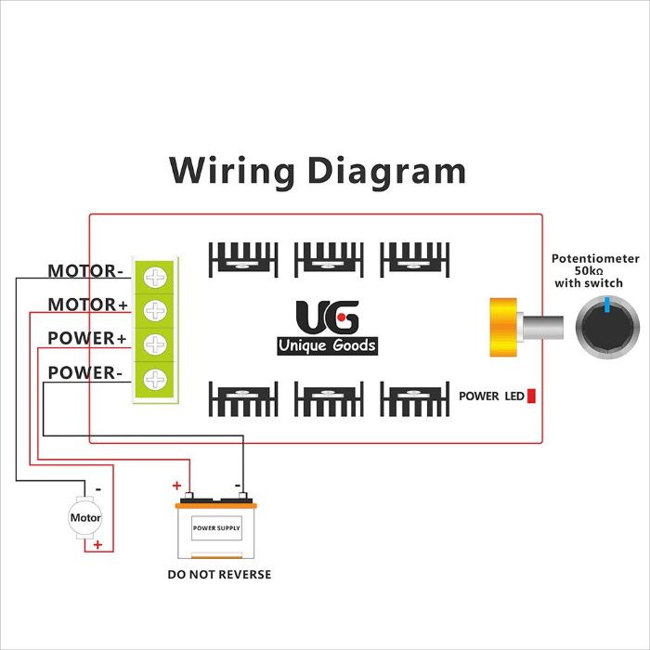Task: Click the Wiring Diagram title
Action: (x=318, y=172)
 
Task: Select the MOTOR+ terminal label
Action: (x=87, y=305)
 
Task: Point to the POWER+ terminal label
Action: (x=86, y=339)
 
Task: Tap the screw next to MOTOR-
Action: (x=155, y=277)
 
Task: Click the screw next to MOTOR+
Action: (x=155, y=309)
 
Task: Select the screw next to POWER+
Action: (x=155, y=344)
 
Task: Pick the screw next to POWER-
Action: (x=155, y=378)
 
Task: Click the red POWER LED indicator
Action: (x=532, y=396)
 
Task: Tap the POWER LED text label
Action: (x=491, y=396)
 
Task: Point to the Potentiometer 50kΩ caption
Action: (x=595, y=269)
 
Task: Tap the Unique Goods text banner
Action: (x=328, y=346)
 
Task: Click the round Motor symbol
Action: (x=85, y=517)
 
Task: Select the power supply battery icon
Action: (x=216, y=529)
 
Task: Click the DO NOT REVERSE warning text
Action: (x=219, y=575)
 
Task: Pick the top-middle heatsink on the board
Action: (x=328, y=258)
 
